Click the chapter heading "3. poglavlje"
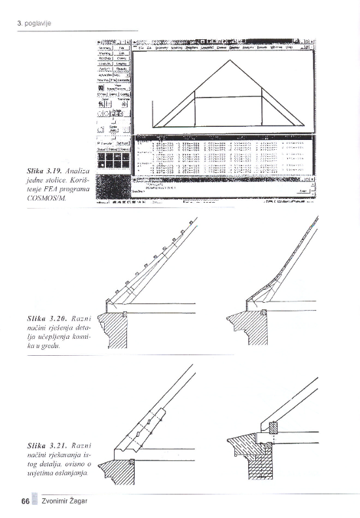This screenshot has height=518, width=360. click(34, 24)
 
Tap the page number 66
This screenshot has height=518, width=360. click(25, 502)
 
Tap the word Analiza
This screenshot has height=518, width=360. click(77, 171)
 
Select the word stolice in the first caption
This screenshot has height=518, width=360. click(46, 180)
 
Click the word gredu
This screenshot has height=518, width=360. click(51, 345)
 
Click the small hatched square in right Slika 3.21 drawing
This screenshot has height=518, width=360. click(274, 428)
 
